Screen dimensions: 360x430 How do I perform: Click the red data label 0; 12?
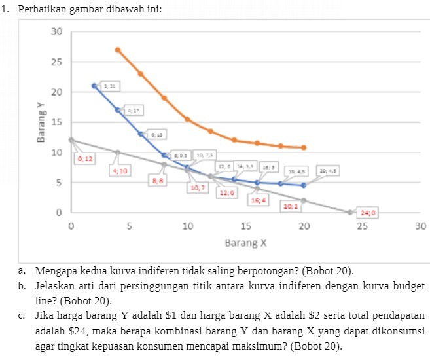coord(86,159)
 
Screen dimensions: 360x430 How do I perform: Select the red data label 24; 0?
coord(368,213)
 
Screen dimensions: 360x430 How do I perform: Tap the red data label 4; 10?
coord(120,170)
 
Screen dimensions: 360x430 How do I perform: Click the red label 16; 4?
coord(259,200)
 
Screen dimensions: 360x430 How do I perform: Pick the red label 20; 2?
coord(291,206)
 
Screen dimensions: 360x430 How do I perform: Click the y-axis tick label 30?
coord(57,32)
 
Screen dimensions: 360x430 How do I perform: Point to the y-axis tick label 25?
coord(57,62)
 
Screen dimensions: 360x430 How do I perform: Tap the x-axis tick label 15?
coord(245,226)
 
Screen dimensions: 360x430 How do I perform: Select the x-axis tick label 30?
coord(420,226)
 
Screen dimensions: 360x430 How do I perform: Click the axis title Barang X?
coord(245,243)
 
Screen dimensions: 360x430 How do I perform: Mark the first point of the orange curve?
coord(118,50)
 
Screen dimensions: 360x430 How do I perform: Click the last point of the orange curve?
coord(304,147)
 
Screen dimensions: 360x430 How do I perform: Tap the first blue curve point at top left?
coord(94,86)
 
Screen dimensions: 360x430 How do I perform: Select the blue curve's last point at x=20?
coord(304,185)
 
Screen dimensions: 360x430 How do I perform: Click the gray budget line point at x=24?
coord(350,212)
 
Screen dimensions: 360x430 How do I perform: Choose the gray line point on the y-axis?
coord(71,140)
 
